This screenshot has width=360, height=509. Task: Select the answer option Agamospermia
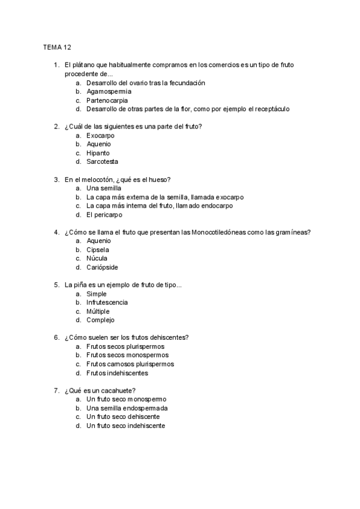pyautogui.click(x=109, y=92)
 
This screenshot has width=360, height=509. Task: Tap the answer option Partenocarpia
pyautogui.click(x=107, y=100)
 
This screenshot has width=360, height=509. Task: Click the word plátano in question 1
pyautogui.click(x=82, y=65)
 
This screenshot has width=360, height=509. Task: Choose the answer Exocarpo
pyautogui.click(x=100, y=136)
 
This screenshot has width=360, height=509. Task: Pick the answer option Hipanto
pyautogui.click(x=98, y=153)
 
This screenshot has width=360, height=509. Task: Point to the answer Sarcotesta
pyautogui.click(x=102, y=161)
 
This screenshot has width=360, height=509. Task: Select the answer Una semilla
pyautogui.click(x=104, y=188)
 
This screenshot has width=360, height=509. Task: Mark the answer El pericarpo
pyautogui.click(x=104, y=214)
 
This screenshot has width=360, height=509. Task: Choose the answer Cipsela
pyautogui.click(x=98, y=250)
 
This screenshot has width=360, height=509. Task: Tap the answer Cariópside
pyautogui.click(x=101, y=267)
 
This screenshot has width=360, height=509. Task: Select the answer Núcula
pyautogui.click(x=97, y=259)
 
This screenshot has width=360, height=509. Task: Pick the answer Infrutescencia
pyautogui.click(x=107, y=303)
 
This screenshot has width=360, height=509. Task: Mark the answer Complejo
pyautogui.click(x=100, y=320)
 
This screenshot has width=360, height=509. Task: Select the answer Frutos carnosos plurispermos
pyautogui.click(x=130, y=364)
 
